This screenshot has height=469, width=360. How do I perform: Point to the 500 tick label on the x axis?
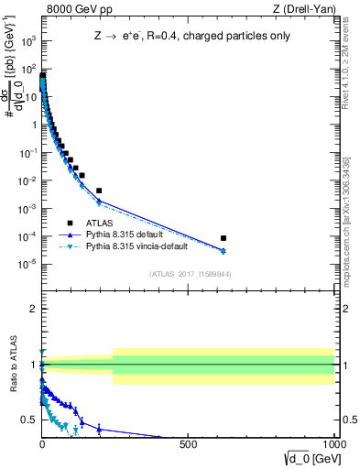click(189, 444)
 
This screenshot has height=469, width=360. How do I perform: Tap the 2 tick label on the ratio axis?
click(31, 309)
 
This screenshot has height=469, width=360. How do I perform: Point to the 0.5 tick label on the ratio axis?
click(27, 420)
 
